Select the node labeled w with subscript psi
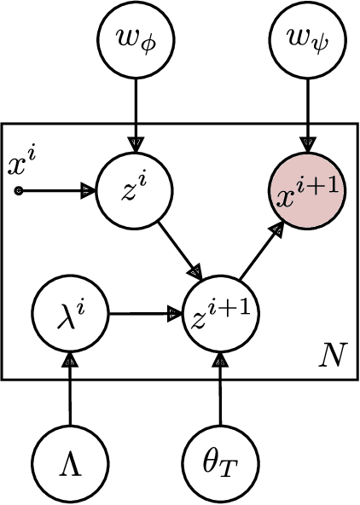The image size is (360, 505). tap(309, 40)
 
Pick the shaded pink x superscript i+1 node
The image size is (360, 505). tap(309, 189)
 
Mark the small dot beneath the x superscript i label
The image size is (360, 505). tap(19, 189)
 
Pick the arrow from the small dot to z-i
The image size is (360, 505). tap(56, 189)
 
